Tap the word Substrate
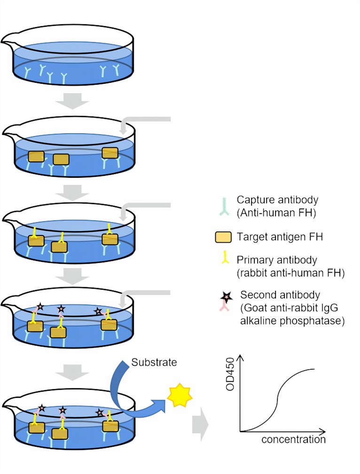tap(148, 363)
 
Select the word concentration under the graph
tap(293, 440)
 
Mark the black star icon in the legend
tap(226, 296)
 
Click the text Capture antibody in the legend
tap(272, 200)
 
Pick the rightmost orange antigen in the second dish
tap(110, 152)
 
